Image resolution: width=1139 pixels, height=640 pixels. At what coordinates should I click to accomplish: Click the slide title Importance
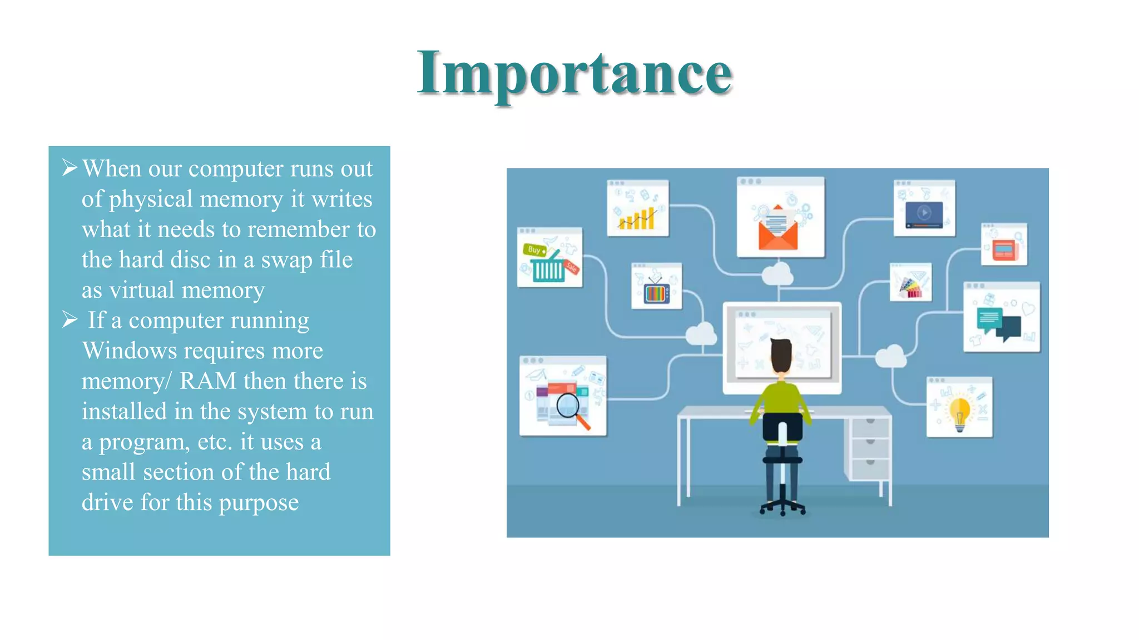click(x=575, y=73)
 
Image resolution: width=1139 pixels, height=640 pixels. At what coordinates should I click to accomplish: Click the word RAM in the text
click(x=207, y=381)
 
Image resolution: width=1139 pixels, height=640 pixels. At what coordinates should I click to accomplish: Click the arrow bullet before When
click(x=70, y=167)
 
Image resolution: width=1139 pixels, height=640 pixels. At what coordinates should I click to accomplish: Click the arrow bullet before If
click(x=70, y=319)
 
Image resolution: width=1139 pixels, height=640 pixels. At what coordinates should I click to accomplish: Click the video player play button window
click(x=924, y=213)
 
